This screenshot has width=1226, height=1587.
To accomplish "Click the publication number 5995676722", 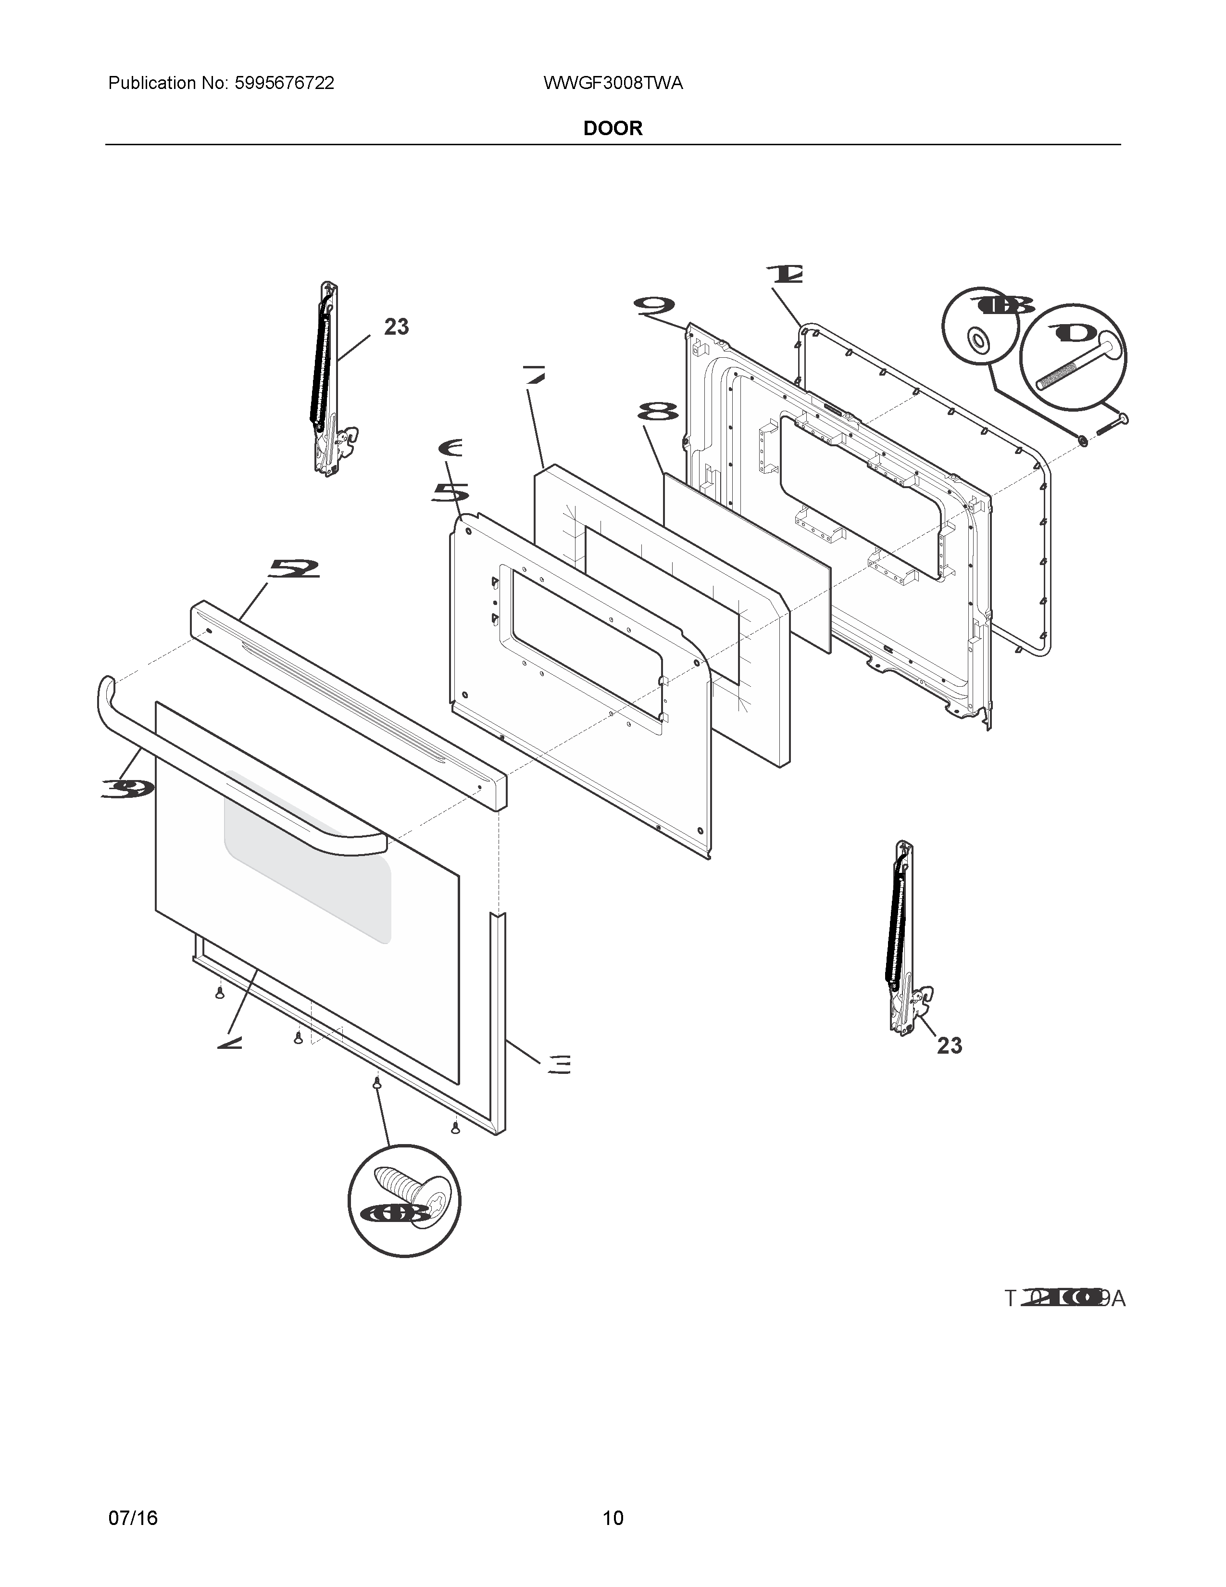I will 284,84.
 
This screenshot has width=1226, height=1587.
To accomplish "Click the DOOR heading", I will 613,128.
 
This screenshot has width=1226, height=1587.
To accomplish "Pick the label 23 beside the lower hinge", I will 949,1045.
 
